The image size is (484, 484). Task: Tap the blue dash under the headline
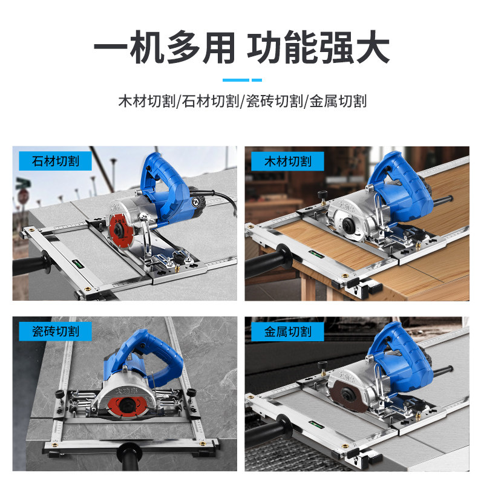click(x=242, y=80)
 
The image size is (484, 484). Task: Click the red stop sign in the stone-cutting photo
click(x=23, y=197)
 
